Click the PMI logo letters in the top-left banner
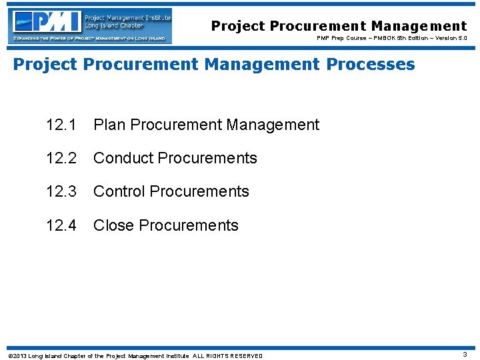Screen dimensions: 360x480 48,22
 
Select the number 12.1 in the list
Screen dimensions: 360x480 61,125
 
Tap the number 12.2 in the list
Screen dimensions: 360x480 61,158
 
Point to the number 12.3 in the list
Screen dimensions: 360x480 61,191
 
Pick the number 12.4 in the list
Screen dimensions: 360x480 61,225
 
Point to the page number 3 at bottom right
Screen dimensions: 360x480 465,355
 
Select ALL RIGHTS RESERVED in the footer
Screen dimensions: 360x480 227,356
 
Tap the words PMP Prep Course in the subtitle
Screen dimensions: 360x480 340,39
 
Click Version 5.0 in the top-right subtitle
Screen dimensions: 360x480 450,39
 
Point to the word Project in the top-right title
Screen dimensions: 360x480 238,26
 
